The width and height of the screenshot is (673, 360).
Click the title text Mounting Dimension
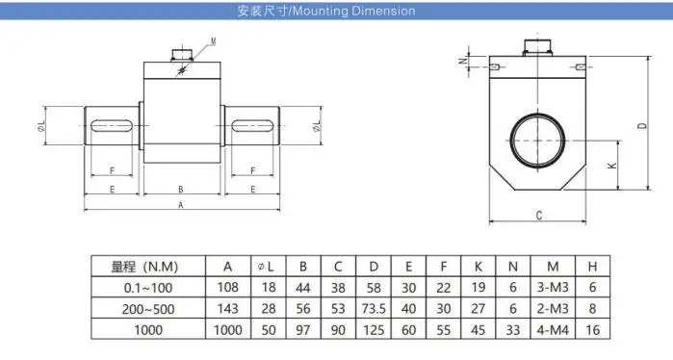click(x=325, y=12)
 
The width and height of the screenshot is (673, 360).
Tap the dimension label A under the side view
click(x=181, y=205)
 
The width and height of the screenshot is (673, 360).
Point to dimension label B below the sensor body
click(x=181, y=189)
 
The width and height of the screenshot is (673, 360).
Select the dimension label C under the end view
click(x=538, y=216)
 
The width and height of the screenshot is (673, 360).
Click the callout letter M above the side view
click(x=214, y=41)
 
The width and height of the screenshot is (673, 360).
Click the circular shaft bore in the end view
click(x=538, y=139)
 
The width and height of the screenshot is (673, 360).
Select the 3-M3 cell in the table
click(x=552, y=287)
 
